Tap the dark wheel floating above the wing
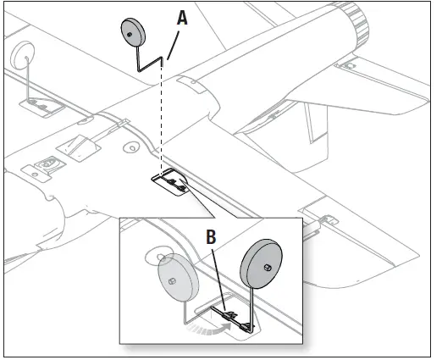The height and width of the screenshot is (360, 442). (133, 32)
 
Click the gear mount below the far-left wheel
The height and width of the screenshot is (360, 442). (35, 104)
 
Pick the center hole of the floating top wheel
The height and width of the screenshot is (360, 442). (130, 36)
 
